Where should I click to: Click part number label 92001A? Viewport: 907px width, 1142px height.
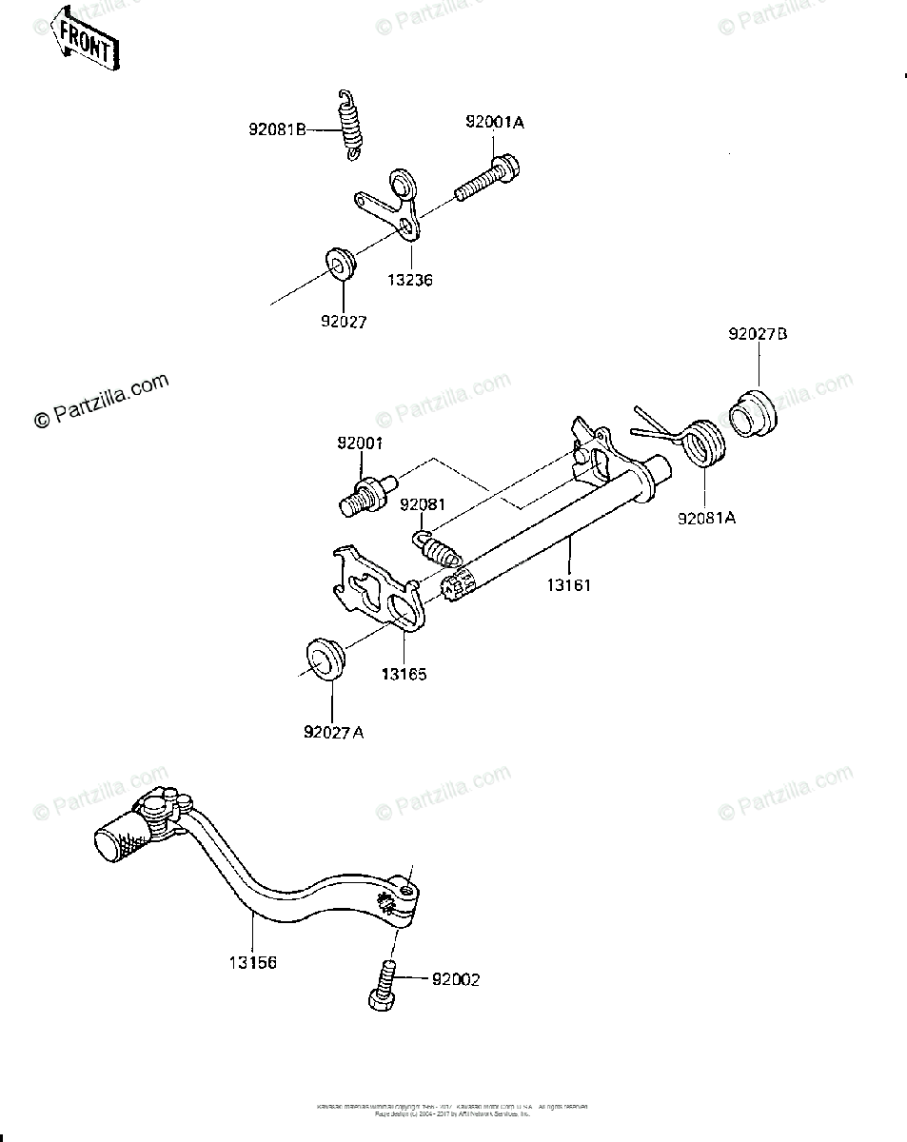click(495, 123)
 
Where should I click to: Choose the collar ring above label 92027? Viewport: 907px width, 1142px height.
click(338, 260)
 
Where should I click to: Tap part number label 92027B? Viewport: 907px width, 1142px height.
click(759, 334)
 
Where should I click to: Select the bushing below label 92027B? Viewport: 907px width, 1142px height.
click(753, 418)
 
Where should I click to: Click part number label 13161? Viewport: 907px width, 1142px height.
click(569, 584)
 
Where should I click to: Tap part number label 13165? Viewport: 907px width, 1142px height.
click(404, 674)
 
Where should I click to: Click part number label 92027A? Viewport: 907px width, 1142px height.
click(333, 732)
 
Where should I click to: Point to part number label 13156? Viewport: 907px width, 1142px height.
click(252, 962)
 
